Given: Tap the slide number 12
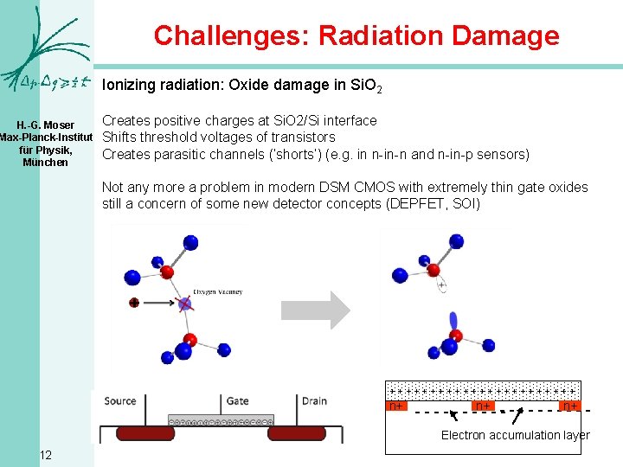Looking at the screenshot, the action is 46,455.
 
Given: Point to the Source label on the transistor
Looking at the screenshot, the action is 120,400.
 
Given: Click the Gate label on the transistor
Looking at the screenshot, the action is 238,400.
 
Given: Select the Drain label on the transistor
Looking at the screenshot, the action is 314,400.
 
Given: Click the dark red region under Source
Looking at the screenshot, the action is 133,432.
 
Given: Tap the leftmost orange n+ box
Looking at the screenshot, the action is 396,405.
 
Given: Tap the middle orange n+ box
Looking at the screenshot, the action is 484,405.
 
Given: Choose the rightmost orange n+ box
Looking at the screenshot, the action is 569,405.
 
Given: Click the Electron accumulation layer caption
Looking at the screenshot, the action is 515,435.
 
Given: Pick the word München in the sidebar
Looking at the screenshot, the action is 45,163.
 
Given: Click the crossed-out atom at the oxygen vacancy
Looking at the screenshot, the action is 184,303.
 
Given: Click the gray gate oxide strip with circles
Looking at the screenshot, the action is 221,423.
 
